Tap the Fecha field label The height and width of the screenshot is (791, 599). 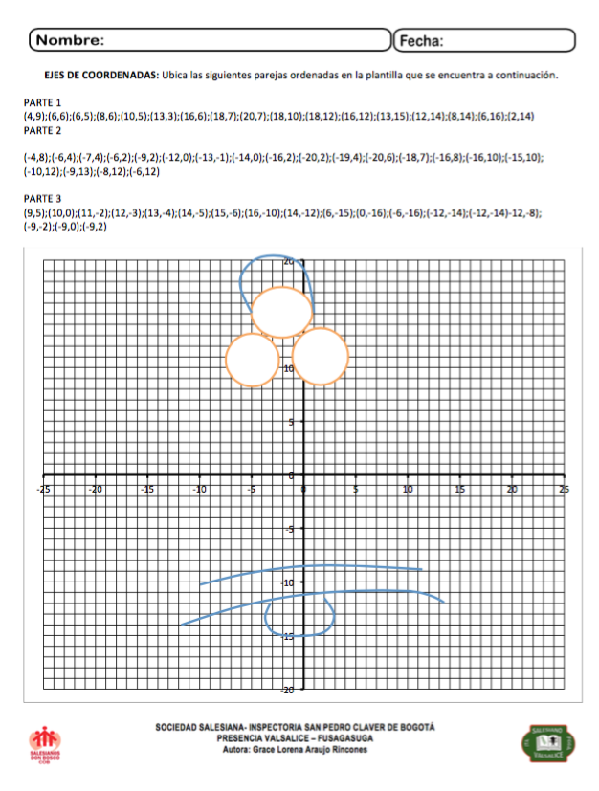[x=420, y=41]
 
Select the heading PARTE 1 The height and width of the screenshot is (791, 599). [x=42, y=102]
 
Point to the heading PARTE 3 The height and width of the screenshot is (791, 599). [x=42, y=199]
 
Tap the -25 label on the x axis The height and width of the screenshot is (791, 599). [x=43, y=489]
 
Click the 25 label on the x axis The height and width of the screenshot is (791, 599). [x=563, y=489]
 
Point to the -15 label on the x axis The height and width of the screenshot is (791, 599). [x=147, y=489]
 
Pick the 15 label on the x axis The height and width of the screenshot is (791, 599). [x=459, y=489]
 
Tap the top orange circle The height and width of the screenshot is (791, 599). [x=281, y=312]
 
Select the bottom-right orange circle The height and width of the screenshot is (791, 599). [x=320, y=356]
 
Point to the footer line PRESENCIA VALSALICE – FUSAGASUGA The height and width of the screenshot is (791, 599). [x=295, y=738]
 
